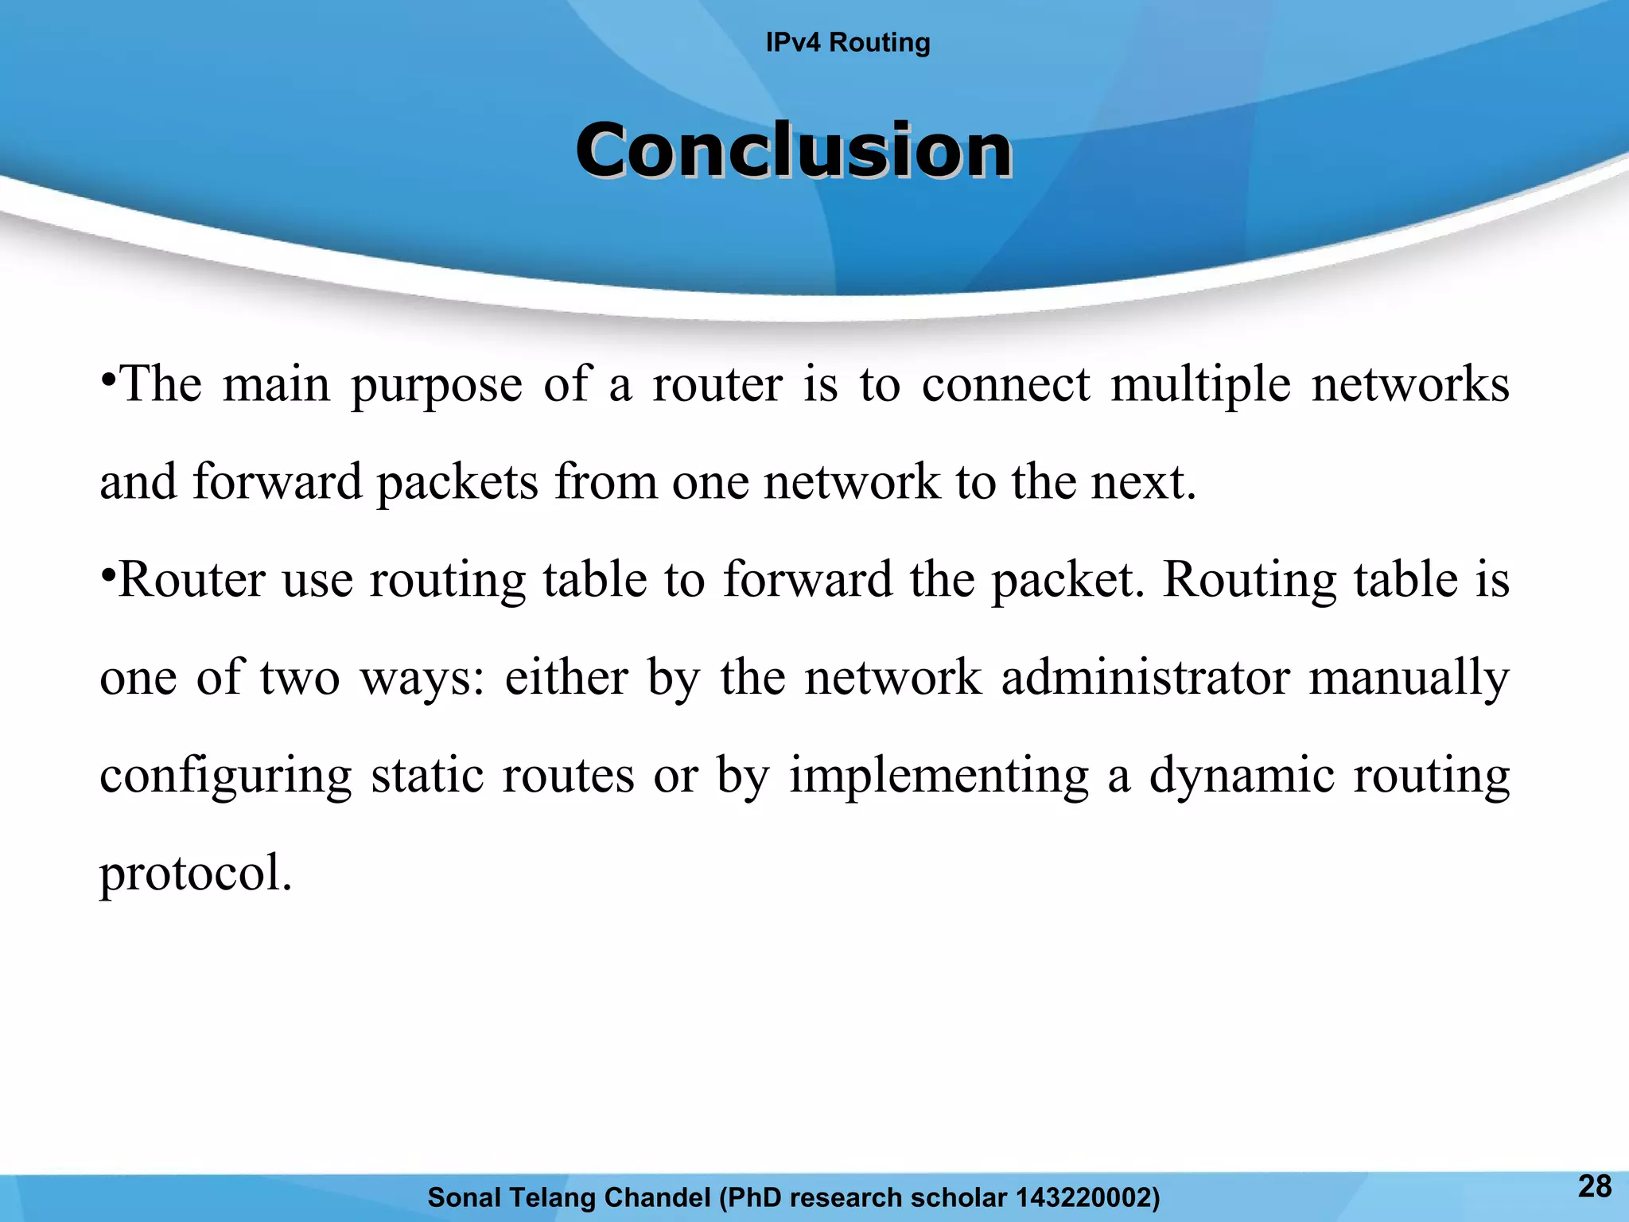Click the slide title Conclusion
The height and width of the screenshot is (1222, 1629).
click(794, 150)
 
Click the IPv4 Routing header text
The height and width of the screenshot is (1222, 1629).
click(848, 42)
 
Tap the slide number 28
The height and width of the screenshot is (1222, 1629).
click(1594, 1186)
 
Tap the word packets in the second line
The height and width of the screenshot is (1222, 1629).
click(457, 484)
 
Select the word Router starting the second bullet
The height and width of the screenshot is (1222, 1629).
click(192, 580)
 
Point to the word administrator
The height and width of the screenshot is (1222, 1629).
click(1145, 678)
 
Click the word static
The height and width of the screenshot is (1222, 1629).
click(427, 776)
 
